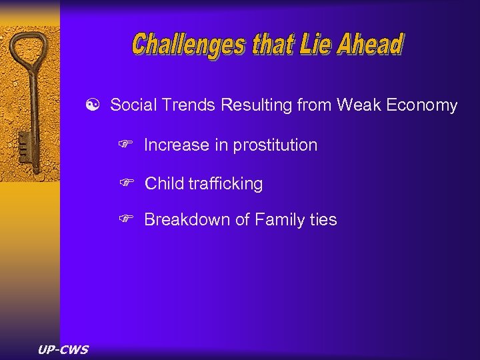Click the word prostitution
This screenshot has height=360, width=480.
(x=275, y=145)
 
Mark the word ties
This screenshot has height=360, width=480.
(x=323, y=219)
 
